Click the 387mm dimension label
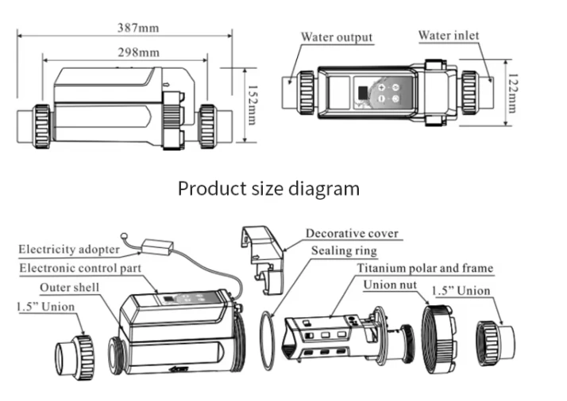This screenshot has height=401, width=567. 138,28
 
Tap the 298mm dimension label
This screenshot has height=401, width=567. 138,52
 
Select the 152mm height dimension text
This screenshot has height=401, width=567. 252,105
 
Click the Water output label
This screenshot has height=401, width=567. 337,37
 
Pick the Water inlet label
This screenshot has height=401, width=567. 449,36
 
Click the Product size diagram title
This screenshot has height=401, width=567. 268,189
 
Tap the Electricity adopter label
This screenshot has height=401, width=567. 69,250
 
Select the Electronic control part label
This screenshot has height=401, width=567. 80,268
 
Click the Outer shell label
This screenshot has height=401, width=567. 69,288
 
